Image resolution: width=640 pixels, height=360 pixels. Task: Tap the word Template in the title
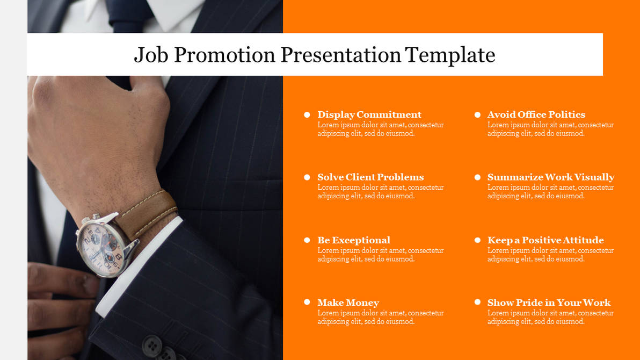450,55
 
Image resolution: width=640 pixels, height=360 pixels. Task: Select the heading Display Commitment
369,114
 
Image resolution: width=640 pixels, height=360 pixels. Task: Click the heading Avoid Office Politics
536,114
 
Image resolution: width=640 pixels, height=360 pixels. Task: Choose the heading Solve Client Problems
370,177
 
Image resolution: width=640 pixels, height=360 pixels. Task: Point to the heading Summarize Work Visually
551,177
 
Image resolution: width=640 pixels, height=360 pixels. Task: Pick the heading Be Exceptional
353,240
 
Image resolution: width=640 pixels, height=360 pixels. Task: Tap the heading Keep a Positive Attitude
546,240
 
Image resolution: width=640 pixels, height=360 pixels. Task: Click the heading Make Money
348,303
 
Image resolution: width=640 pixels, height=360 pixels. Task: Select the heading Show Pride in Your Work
549,303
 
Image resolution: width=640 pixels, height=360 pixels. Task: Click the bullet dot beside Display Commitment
307,114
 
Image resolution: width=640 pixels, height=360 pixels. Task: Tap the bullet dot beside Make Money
307,303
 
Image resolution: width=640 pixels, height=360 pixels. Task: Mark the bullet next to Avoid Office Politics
477,114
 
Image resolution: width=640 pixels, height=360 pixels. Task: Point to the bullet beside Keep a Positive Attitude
477,240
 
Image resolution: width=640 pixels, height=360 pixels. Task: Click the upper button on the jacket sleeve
152,343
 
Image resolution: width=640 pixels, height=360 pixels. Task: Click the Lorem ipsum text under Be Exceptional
380,255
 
